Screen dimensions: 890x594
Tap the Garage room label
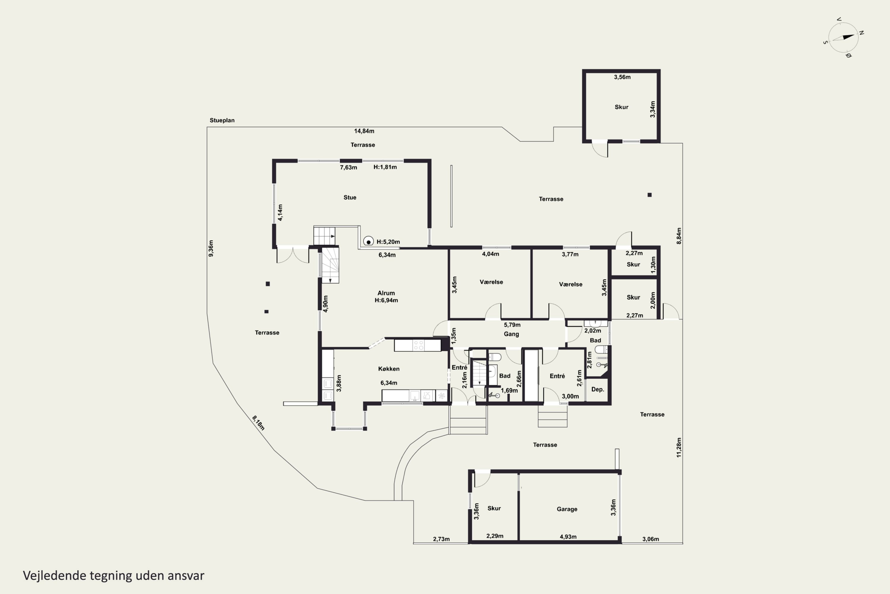coord(567,509)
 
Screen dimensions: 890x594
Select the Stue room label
coord(350,198)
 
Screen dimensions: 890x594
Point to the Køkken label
coord(389,369)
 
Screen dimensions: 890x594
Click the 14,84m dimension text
coord(364,131)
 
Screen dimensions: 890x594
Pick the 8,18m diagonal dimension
coord(258,423)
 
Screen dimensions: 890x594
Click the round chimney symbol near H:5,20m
coord(368,241)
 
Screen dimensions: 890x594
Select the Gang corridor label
coord(511,334)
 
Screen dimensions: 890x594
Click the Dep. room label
coord(597,389)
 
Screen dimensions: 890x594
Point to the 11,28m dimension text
coord(679,447)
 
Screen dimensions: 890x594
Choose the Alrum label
coord(386,293)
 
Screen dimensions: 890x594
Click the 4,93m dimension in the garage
coord(568,536)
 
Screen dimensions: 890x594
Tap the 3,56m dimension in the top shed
coord(622,77)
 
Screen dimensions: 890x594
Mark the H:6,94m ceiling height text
coord(386,300)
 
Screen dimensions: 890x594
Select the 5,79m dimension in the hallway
coord(512,325)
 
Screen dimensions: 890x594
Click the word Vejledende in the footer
coord(55,576)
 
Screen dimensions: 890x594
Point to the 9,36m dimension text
coord(211,249)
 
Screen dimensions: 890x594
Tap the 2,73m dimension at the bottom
coord(441,539)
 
